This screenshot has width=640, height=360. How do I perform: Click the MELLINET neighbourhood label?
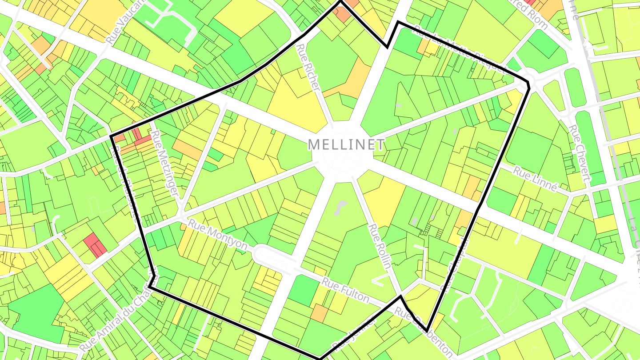[347, 144]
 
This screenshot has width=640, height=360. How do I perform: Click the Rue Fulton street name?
[345, 289]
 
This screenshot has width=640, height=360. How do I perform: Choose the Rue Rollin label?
[380, 247]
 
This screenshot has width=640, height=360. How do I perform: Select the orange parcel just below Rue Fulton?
[319, 313]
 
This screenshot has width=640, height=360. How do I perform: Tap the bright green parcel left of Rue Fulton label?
[303, 290]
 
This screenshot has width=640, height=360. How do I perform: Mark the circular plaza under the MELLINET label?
[342, 156]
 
